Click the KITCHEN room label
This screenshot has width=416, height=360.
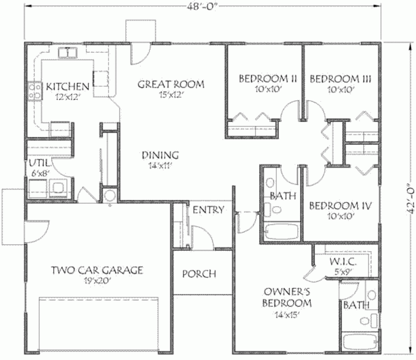67,86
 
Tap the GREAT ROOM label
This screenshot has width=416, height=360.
171,84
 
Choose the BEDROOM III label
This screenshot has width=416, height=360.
340,78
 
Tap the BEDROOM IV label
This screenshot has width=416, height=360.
340,206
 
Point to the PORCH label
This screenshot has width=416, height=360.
199,274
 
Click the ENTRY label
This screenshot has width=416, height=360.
208,210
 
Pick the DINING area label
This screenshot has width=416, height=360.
160,155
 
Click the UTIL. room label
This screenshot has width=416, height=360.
39,164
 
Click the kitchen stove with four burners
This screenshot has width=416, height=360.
34,91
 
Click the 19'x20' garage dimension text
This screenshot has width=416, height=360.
97,280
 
